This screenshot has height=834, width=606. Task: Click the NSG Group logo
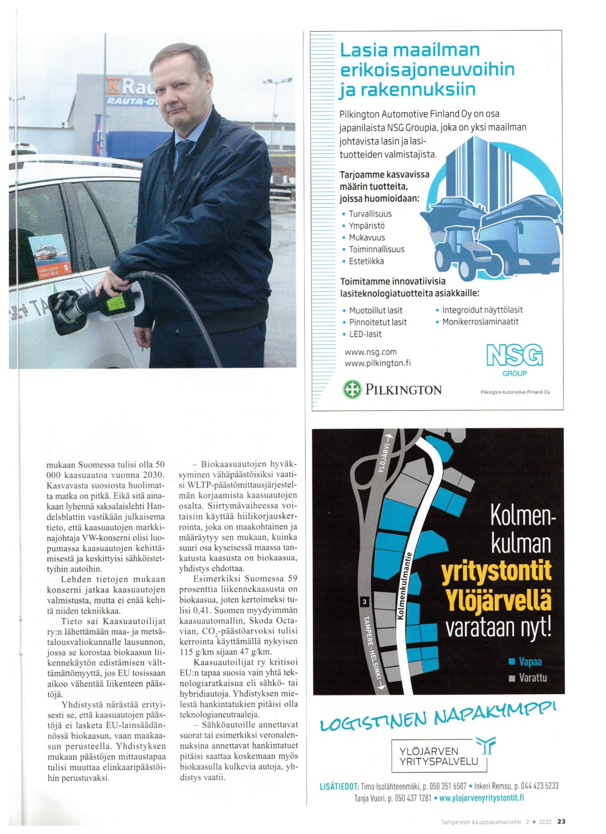coord(514,360)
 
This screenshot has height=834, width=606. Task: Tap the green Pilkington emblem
coord(352,389)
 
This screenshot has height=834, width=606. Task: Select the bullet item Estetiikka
coord(366,261)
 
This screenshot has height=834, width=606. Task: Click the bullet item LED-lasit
coord(365,334)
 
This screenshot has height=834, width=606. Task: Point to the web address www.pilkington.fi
coord(377,363)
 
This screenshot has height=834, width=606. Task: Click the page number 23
coord(561,821)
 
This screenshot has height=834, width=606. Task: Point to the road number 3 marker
coord(365,602)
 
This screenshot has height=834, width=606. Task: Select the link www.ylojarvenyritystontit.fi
coord(481,798)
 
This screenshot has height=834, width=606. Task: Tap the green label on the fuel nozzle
coord(116,301)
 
